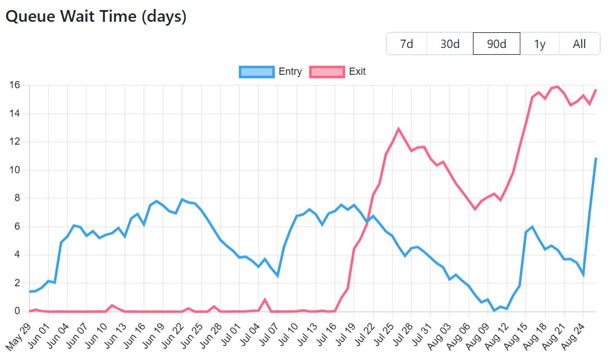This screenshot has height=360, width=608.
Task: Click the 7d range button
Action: tap(406, 44)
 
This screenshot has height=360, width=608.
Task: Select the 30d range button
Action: tap(449, 44)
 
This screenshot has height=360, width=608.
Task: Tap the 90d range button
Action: tap(496, 44)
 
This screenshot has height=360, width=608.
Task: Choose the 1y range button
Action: tap(539, 44)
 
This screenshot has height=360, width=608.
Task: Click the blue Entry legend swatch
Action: tap(257, 71)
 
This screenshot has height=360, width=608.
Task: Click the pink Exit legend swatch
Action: tap(327, 71)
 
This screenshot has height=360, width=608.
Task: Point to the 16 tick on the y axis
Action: tap(15, 85)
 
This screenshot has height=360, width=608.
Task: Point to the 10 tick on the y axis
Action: tap(15, 170)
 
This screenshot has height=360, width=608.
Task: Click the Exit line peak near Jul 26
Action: tap(399, 129)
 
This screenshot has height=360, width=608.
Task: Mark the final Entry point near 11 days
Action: tap(596, 159)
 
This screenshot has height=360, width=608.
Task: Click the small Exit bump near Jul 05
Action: tap(265, 300)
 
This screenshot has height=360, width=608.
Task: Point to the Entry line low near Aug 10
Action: tap(494, 310)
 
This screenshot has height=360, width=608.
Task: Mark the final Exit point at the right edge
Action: tap(596, 90)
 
